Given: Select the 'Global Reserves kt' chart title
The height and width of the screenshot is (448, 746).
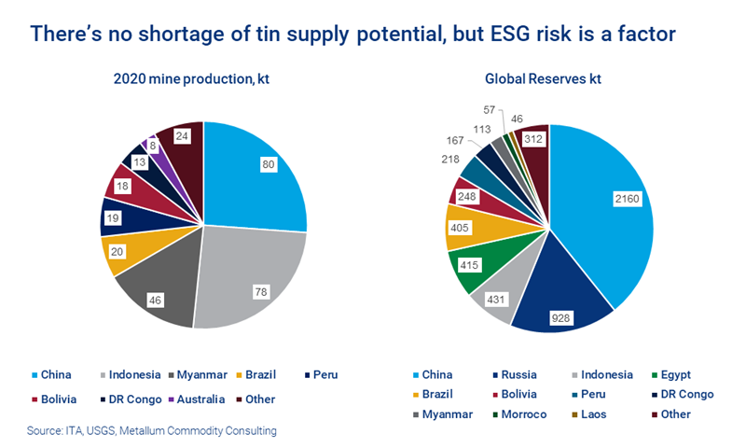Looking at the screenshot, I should [x=544, y=78].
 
